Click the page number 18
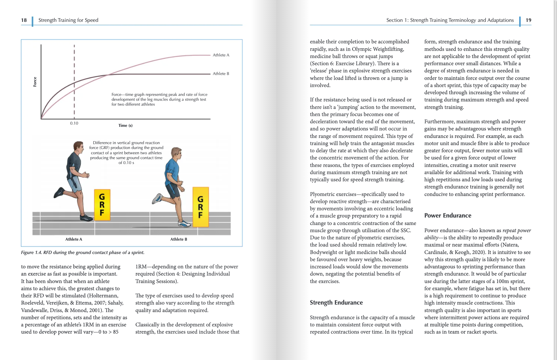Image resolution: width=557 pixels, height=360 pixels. point(24,20)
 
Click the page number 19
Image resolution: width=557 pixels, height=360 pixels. point(528,20)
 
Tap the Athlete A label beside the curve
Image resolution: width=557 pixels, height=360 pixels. point(221,55)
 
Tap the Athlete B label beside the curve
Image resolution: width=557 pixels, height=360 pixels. point(221,74)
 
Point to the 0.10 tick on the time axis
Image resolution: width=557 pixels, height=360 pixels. point(74,123)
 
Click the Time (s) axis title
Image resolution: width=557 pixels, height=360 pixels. point(125,126)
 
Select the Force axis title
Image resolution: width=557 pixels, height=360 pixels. point(35,82)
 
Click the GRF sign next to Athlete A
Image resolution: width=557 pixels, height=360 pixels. point(102,205)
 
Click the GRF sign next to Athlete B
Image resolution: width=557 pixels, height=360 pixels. point(200,207)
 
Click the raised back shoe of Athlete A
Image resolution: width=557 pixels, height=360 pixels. point(59,192)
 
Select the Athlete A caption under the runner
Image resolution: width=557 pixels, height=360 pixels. point(74,239)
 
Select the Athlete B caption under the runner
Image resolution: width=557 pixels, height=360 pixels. point(179,239)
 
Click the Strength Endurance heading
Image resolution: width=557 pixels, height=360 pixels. point(336,303)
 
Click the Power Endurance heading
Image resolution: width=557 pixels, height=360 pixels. point(447,216)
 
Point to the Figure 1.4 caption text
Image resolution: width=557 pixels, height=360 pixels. point(83,252)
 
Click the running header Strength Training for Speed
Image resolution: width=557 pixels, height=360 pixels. point(68,20)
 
